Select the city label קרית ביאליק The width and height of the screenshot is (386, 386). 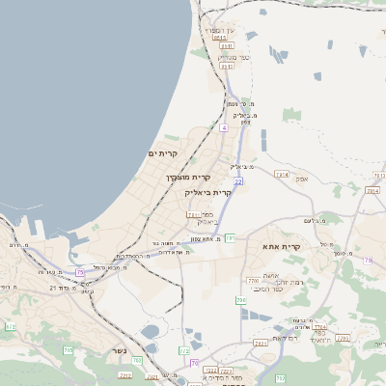tap(207, 193)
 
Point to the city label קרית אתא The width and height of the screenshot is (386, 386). tap(282, 246)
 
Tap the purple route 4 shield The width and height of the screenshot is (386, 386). tap(223, 127)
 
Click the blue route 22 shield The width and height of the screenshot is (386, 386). tap(237, 180)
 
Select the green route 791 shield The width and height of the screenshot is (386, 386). tap(230, 237)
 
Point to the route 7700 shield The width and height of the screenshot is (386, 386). tap(254, 281)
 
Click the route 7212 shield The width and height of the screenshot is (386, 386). tap(124, 374)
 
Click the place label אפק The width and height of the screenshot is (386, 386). tap(301, 179)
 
